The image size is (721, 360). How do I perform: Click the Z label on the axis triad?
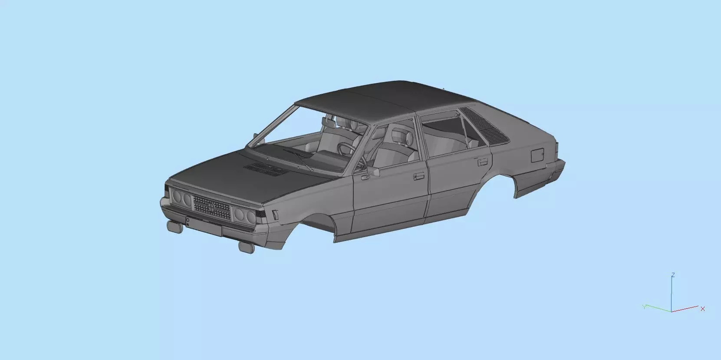click(x=672, y=275)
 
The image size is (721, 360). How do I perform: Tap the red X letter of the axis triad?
click(x=702, y=309)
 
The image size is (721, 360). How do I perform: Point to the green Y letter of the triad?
click(x=645, y=307)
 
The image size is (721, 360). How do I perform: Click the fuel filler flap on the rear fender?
click(x=537, y=155)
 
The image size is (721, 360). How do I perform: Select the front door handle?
click(x=418, y=176)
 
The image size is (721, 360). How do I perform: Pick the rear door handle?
click(x=482, y=162)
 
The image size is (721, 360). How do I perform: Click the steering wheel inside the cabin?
click(x=346, y=149)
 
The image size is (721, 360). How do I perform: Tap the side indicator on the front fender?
click(x=275, y=215)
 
